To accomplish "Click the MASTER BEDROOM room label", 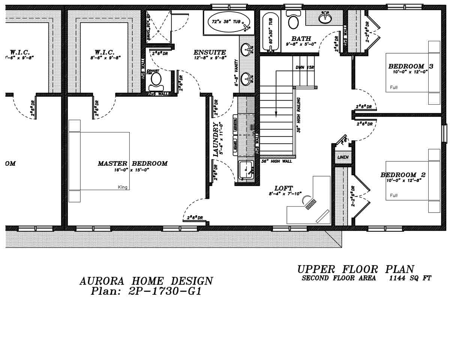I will (132, 163).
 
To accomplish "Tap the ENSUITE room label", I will (210, 52).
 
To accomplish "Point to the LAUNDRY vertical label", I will (216, 139).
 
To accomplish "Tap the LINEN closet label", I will (343, 157).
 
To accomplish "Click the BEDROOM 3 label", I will (411, 66).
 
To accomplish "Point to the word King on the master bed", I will (123, 187).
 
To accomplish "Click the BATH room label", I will (301, 38).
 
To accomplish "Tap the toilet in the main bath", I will (293, 20).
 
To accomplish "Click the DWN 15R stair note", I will (304, 67).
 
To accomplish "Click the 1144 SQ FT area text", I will (410, 278).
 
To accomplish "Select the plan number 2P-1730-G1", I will (146, 291).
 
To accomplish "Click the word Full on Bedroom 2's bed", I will (394, 195).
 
